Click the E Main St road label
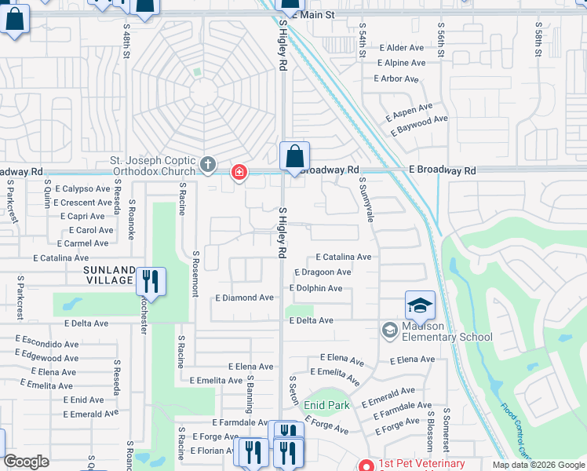point(308,14)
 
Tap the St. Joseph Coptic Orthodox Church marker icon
point(207,164)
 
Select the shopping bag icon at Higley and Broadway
point(294,156)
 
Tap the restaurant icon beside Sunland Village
point(151,281)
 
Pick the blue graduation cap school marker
point(420,305)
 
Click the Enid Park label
point(326,405)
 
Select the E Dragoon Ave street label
point(323,272)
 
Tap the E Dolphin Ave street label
point(315,288)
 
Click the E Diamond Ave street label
point(244,298)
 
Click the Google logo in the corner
point(27,462)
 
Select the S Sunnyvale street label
point(366,199)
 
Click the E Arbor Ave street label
point(397,78)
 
